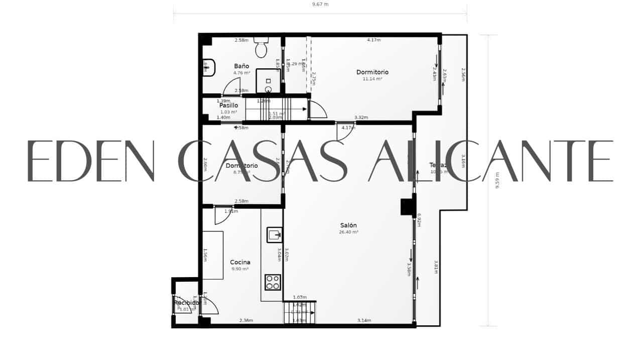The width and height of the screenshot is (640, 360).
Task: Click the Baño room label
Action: [241, 66]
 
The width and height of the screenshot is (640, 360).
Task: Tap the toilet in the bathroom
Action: [261, 48]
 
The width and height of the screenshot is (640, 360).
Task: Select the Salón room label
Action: [348, 225]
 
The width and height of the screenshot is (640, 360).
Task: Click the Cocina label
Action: [240, 262]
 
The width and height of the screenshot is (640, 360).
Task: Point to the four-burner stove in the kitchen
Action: [273, 282]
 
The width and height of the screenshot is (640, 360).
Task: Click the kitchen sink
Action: [274, 234]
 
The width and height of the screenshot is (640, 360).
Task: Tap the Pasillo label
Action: [228, 105]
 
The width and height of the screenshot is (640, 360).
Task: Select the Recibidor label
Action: [187, 303]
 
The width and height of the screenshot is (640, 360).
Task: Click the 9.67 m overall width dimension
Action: [320, 5]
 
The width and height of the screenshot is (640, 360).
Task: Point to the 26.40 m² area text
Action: [349, 232]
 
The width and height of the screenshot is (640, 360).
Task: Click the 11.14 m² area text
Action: [372, 79]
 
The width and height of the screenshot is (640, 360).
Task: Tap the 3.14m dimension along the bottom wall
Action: [364, 320]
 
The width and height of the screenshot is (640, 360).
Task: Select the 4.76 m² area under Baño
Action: [241, 73]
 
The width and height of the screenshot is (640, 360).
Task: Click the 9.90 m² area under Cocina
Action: [240, 269]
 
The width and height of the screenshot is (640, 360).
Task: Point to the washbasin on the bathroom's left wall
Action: [209, 67]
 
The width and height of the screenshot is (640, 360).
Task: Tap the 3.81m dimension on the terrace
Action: [436, 267]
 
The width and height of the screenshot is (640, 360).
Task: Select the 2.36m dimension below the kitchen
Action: [246, 320]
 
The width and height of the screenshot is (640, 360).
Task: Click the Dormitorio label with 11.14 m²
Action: [372, 72]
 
